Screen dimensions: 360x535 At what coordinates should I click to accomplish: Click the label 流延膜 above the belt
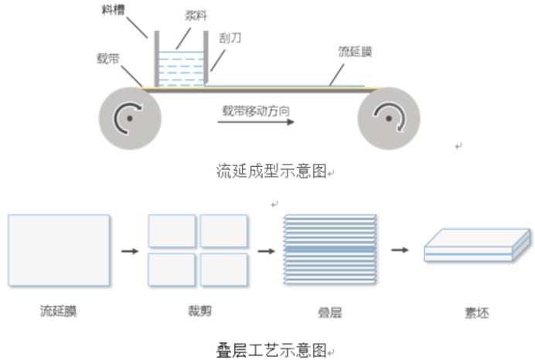pyautogui.click(x=356, y=52)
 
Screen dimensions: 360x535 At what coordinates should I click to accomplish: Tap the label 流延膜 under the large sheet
pyautogui.click(x=59, y=311)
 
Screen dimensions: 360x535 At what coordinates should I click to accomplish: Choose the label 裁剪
pyautogui.click(x=199, y=311)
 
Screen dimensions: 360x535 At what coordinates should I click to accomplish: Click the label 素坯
pyautogui.click(x=476, y=313)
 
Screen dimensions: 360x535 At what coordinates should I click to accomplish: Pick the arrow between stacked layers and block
pyautogui.click(x=400, y=250)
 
